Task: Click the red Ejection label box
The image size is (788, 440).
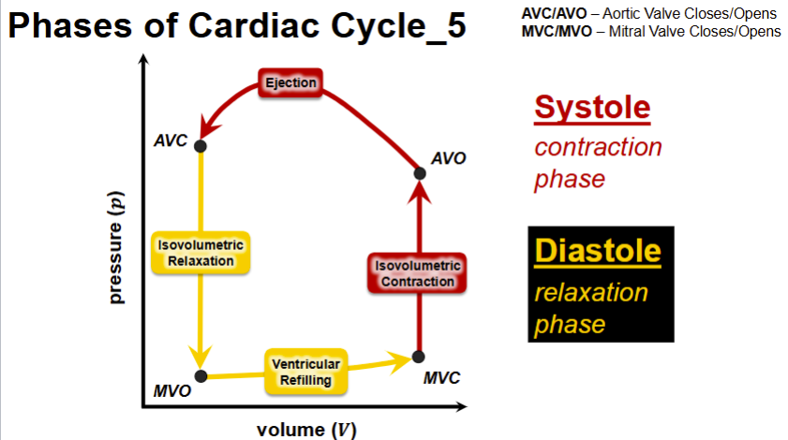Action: (x=290, y=83)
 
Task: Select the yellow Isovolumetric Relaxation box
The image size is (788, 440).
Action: (x=200, y=253)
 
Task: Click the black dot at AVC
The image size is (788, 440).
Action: (x=201, y=145)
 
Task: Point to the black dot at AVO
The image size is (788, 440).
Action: (x=420, y=172)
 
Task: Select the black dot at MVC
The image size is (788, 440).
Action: (x=419, y=357)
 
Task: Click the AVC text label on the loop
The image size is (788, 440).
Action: (x=171, y=141)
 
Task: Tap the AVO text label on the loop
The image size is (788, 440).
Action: (x=449, y=158)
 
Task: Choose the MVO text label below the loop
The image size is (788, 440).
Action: (x=172, y=391)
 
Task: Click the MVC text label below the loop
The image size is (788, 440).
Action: (x=441, y=377)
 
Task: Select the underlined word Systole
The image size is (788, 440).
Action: (x=591, y=108)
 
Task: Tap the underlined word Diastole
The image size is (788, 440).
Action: (x=598, y=251)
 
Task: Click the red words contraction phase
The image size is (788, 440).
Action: (x=597, y=163)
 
